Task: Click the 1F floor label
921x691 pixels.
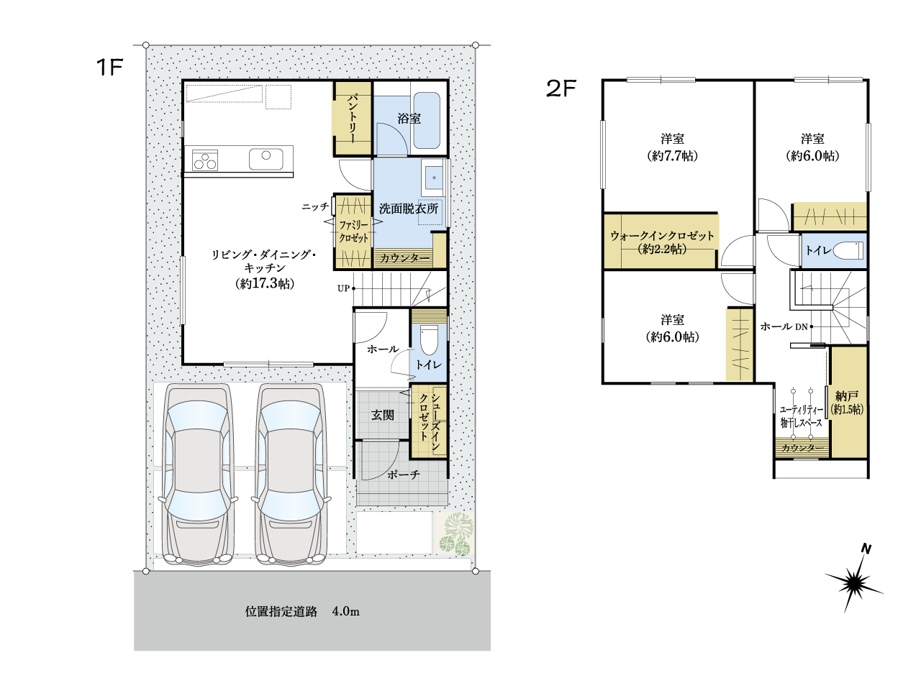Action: point(110,67)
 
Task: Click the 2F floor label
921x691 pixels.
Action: point(561,88)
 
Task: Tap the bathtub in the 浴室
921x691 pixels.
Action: point(427,120)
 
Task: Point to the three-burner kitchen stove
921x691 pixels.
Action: point(205,160)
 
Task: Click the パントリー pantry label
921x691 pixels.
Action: point(352,119)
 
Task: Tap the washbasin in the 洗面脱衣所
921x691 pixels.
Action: point(433,178)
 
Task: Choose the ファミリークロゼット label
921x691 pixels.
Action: point(354,232)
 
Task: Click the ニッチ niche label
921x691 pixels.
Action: point(315,206)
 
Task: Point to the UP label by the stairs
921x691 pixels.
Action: point(343,288)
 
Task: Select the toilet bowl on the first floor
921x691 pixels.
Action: point(428,340)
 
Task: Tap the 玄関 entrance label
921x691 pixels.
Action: point(383,415)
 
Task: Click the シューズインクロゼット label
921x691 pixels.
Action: point(430,422)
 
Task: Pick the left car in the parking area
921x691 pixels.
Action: point(199,475)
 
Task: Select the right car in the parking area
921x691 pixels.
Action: point(291,475)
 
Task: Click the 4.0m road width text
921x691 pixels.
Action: point(346,612)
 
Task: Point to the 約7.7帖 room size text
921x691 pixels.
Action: point(672,157)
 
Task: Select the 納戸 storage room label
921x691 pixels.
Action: point(847,395)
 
